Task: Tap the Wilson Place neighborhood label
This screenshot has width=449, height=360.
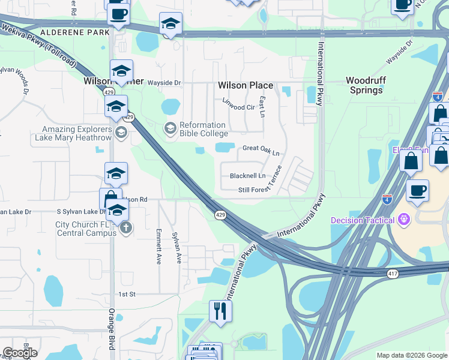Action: pos(246,86)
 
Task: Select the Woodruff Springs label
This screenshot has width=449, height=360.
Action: pos(364,85)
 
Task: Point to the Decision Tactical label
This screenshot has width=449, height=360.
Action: pos(363,220)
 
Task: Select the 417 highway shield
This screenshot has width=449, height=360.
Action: pos(391,273)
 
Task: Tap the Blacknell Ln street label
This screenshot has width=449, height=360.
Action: pos(247,176)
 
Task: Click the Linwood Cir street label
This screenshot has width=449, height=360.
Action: pos(238,107)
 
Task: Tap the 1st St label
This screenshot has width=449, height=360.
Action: pos(127,294)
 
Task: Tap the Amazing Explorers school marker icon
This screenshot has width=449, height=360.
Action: pos(121,133)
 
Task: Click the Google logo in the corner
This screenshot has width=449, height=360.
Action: pos(20,353)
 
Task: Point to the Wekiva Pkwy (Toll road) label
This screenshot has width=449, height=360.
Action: pos(38,37)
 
